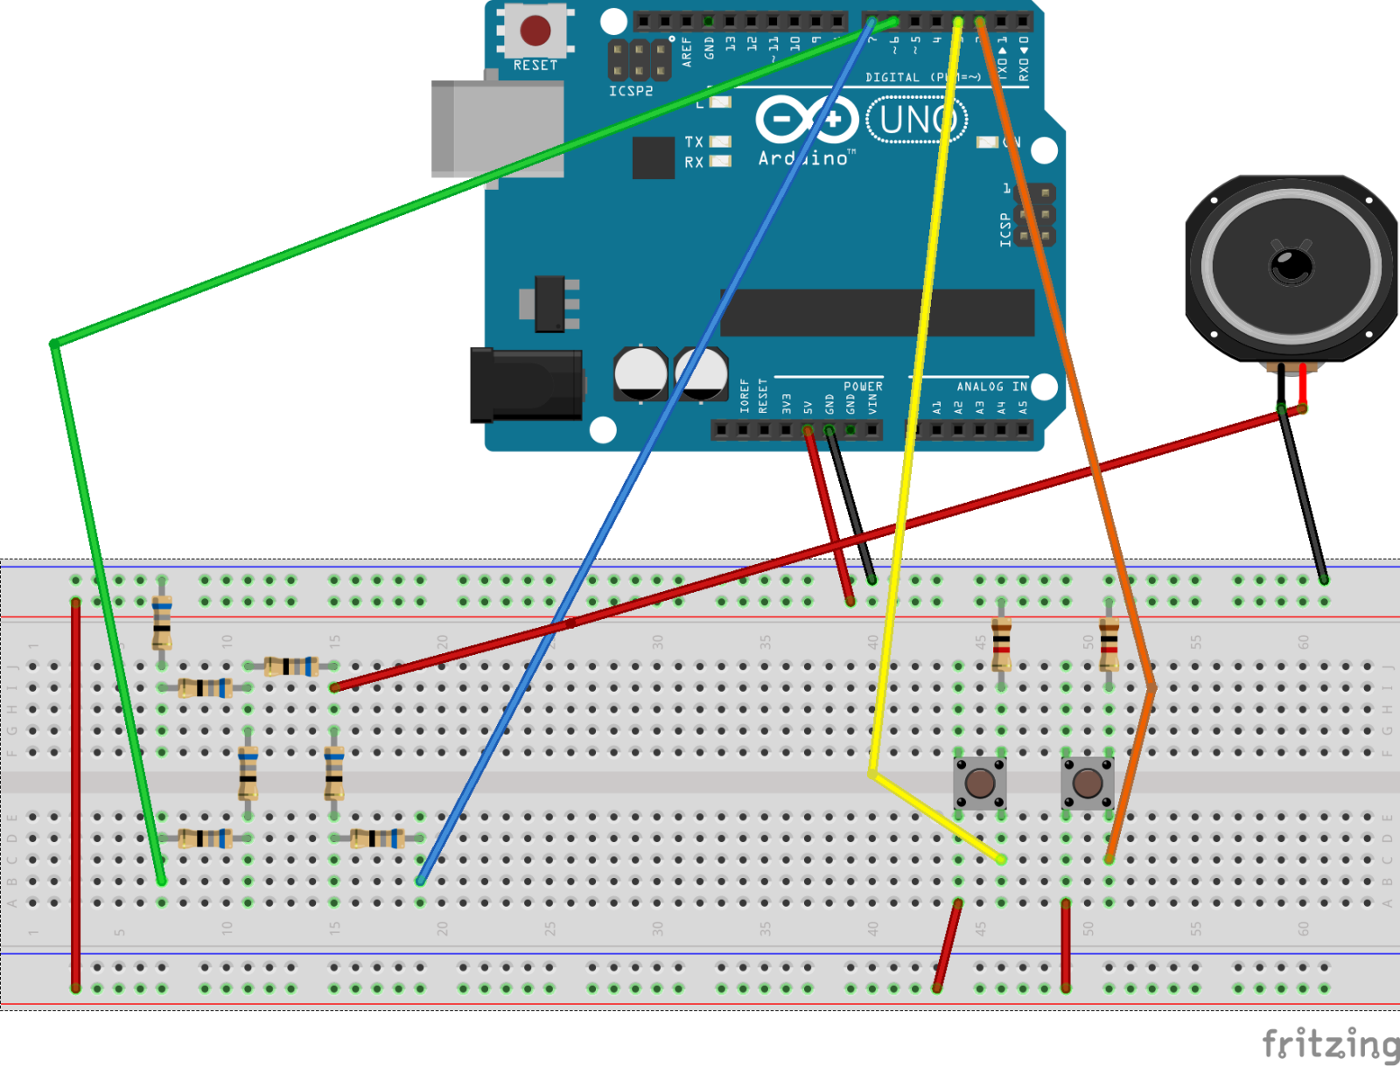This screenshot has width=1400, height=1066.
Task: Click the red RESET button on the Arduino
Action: tap(535, 31)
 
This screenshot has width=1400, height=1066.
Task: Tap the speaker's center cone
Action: tap(1291, 263)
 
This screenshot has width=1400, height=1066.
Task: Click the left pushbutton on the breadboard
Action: tap(980, 783)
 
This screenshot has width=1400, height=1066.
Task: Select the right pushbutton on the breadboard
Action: tap(1088, 783)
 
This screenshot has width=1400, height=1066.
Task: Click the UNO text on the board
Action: tap(916, 120)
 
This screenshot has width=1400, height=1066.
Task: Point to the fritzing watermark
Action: tap(1329, 1044)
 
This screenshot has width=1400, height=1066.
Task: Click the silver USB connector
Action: tap(497, 129)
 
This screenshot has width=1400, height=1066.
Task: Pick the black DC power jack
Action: tap(526, 385)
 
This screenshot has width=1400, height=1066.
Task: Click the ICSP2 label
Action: tap(631, 91)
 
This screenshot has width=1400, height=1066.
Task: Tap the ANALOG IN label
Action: tap(991, 387)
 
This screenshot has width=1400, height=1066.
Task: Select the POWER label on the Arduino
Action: tap(863, 387)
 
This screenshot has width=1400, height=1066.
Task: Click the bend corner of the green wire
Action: tap(55, 344)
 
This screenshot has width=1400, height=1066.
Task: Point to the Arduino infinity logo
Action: tap(806, 119)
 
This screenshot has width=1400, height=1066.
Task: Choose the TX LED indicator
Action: tap(720, 142)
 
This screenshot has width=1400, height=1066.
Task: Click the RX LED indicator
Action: tap(720, 161)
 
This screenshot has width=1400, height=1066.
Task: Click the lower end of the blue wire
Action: tap(421, 880)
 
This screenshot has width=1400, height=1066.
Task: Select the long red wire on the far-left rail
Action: tap(76, 794)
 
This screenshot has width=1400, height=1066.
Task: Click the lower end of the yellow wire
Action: tap(1000, 860)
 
